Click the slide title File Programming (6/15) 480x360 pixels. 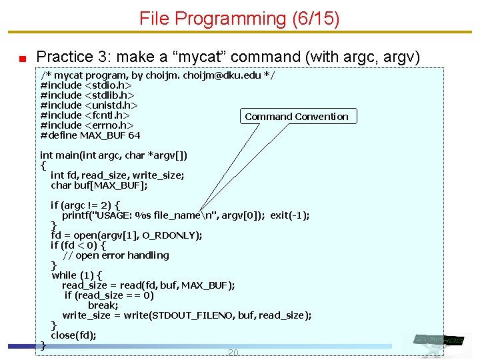pyautogui.click(x=239, y=19)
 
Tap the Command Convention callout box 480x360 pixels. pyautogui.click(x=297, y=117)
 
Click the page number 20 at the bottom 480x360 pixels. pyautogui.click(x=233, y=353)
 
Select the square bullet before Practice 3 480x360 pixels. pyautogui.click(x=22, y=58)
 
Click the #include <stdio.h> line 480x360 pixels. pyautogui.click(x=86, y=85)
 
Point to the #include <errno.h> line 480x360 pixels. pyautogui.click(x=87, y=125)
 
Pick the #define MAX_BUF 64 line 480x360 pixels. pyautogui.click(x=90, y=135)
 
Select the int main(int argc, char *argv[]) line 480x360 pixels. pyautogui.click(x=114, y=155)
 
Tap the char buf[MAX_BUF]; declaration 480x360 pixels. pyautogui.click(x=99, y=185)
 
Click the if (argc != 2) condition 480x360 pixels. pyautogui.click(x=85, y=205)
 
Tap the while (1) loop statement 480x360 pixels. pyautogui.click(x=77, y=275)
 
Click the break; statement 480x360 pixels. pyautogui.click(x=103, y=305)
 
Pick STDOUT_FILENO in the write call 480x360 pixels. pyautogui.click(x=193, y=315)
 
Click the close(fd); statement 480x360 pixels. pyautogui.click(x=73, y=335)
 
